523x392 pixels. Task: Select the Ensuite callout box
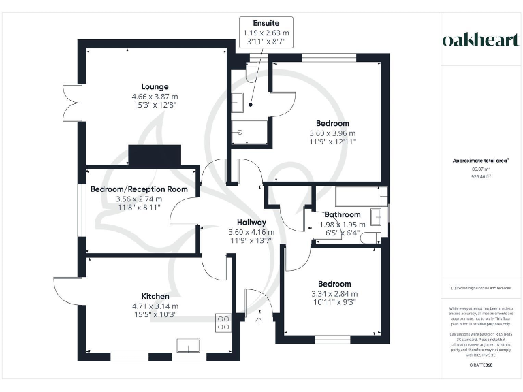click(267, 32)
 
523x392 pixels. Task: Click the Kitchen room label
click(155, 296)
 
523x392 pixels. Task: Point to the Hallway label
click(251, 222)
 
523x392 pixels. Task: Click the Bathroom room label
click(343, 214)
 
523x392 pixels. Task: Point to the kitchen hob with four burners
click(223, 322)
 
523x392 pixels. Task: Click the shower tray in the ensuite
click(242, 133)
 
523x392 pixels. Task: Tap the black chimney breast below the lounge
click(155, 156)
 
